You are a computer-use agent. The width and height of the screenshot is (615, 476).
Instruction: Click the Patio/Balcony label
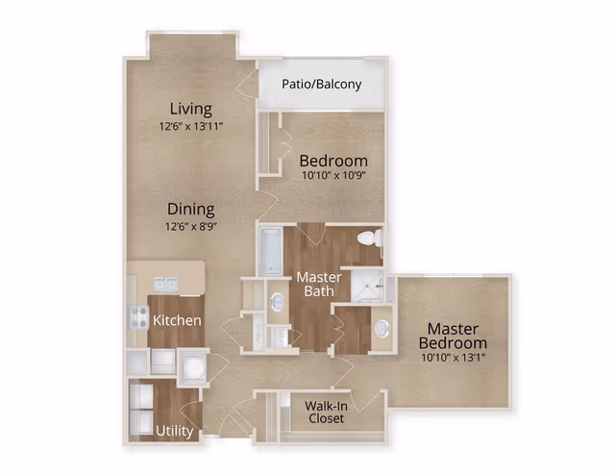pyautogui.click(x=321, y=84)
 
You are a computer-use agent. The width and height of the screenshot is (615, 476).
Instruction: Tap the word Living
pyautogui.click(x=190, y=109)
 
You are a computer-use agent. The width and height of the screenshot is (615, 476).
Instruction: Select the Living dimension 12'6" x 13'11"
pyautogui.click(x=191, y=126)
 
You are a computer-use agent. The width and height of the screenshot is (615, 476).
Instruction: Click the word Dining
pyautogui.click(x=190, y=209)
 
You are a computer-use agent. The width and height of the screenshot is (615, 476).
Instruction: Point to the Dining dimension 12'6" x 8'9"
pyautogui.click(x=191, y=226)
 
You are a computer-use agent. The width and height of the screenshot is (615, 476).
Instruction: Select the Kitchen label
pyautogui.click(x=178, y=320)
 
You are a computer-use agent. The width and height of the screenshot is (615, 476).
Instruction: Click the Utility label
pyautogui.click(x=174, y=431)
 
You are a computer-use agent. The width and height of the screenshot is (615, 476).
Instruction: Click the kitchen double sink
pyautogui.click(x=165, y=283)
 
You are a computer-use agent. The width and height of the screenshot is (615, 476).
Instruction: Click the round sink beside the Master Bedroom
pyautogui.click(x=382, y=328)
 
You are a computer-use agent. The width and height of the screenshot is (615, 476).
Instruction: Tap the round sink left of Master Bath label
pyautogui.click(x=278, y=302)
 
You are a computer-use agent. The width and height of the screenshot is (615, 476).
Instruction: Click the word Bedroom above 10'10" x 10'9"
pyautogui.click(x=332, y=161)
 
